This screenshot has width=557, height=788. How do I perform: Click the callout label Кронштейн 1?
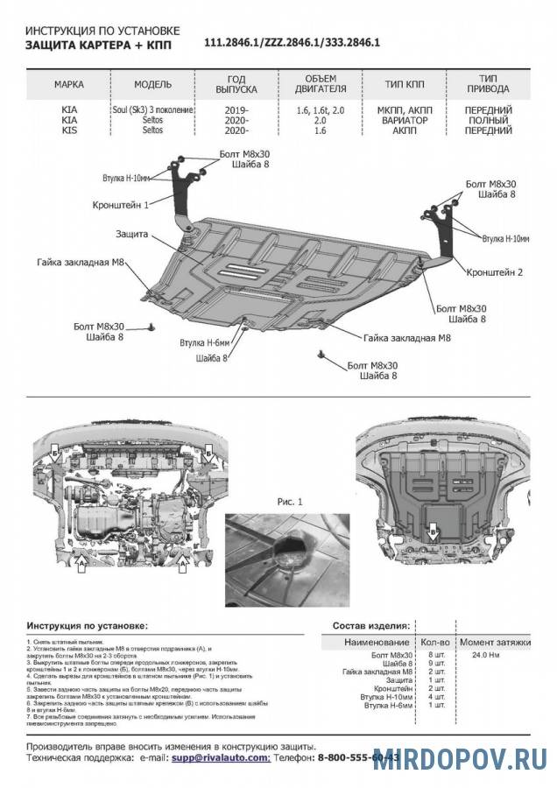point(121,204)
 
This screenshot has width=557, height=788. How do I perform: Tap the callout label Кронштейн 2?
point(495,272)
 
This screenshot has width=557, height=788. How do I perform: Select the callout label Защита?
point(130,235)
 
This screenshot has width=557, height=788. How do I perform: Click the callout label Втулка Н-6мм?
point(204,342)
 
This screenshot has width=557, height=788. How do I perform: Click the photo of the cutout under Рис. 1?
point(287,559)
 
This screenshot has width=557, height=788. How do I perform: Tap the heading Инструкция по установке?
point(88,627)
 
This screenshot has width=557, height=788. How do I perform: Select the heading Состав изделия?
point(371,627)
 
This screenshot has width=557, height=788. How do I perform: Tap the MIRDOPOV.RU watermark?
point(460,758)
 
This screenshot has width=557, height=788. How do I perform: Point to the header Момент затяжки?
point(495,643)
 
